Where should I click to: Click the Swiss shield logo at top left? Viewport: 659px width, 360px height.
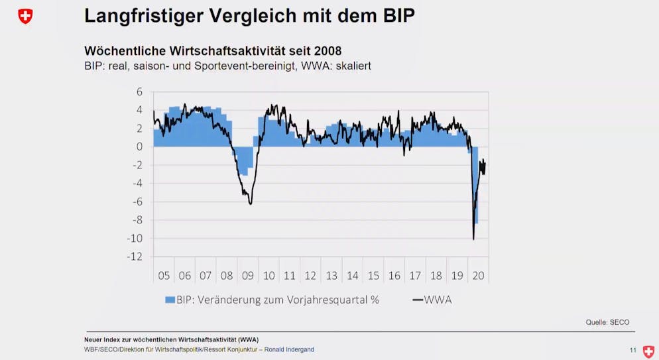(x=25, y=17)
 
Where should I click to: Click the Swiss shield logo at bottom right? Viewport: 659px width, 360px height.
(x=648, y=351)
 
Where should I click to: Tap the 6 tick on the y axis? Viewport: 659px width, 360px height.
(x=140, y=92)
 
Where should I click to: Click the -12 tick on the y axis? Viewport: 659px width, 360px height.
(x=135, y=257)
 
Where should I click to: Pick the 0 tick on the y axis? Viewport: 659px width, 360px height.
(x=140, y=147)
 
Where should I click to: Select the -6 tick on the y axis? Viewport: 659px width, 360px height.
(x=137, y=202)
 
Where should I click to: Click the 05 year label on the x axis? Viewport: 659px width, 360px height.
(x=164, y=276)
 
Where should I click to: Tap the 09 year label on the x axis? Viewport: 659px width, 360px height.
(x=248, y=276)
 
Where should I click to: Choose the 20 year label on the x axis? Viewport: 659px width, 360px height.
(x=478, y=276)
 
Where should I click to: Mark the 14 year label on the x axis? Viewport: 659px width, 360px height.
(x=353, y=276)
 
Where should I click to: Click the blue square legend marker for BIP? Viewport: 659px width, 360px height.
(x=170, y=300)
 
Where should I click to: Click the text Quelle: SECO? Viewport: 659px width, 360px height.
(x=607, y=322)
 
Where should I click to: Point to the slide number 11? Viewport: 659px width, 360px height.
(x=632, y=350)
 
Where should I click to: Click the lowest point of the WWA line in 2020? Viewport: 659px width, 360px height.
(x=473, y=239)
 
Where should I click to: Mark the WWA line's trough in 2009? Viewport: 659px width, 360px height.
(x=251, y=204)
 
